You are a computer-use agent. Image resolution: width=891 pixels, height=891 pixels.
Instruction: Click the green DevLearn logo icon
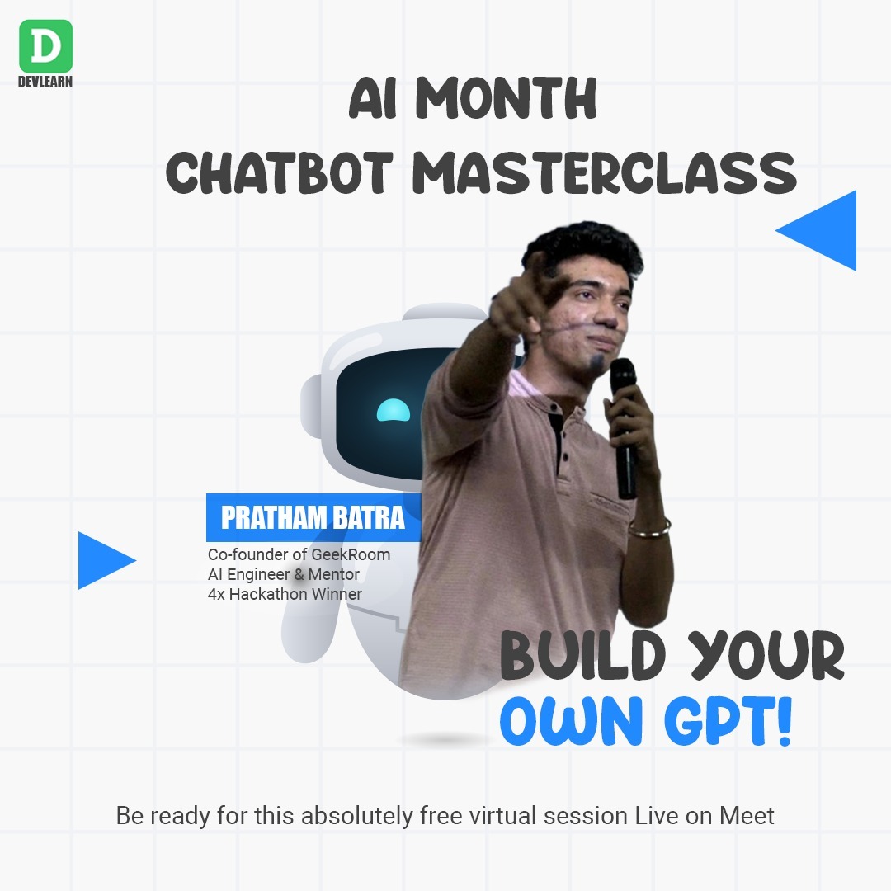[45, 45]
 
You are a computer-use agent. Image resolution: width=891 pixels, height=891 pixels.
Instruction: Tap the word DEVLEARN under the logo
[45, 82]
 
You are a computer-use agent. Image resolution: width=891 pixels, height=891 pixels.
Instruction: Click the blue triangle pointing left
[822, 230]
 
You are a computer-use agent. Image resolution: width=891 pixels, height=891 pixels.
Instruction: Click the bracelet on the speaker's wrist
[649, 526]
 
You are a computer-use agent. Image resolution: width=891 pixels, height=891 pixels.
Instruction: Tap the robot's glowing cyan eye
[393, 410]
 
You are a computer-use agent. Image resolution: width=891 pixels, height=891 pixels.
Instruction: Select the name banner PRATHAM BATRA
[313, 517]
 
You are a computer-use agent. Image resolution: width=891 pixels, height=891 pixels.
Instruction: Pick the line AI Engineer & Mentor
[283, 573]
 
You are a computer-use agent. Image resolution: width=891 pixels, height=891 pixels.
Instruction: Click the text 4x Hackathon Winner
[285, 593]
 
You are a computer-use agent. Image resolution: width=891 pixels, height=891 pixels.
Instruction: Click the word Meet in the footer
[747, 816]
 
